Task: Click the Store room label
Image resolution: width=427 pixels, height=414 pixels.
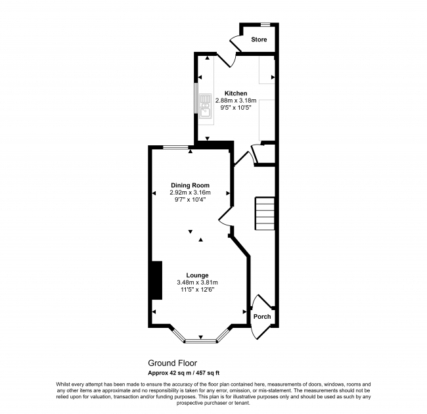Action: click(259, 40)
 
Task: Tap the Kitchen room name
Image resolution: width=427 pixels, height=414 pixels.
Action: click(236, 93)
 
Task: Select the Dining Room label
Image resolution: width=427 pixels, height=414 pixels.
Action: click(190, 185)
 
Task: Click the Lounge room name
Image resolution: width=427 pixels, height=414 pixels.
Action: click(197, 275)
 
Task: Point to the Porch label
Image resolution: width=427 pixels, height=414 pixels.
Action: click(262, 317)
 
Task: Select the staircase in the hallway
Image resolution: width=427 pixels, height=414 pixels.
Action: click(264, 214)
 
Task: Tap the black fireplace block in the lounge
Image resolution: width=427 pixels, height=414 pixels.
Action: click(156, 280)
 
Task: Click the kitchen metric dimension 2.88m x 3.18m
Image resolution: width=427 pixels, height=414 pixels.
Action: click(236, 101)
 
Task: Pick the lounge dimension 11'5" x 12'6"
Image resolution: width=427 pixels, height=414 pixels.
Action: click(196, 289)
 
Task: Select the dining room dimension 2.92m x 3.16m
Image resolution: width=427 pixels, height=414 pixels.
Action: click(190, 192)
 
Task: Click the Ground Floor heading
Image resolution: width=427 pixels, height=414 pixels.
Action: click(172, 363)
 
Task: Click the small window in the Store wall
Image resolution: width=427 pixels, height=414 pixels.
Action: click(265, 25)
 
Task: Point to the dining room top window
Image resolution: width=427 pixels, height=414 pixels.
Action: click(174, 147)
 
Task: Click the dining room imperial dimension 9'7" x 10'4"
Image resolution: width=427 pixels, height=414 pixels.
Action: click(190, 199)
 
